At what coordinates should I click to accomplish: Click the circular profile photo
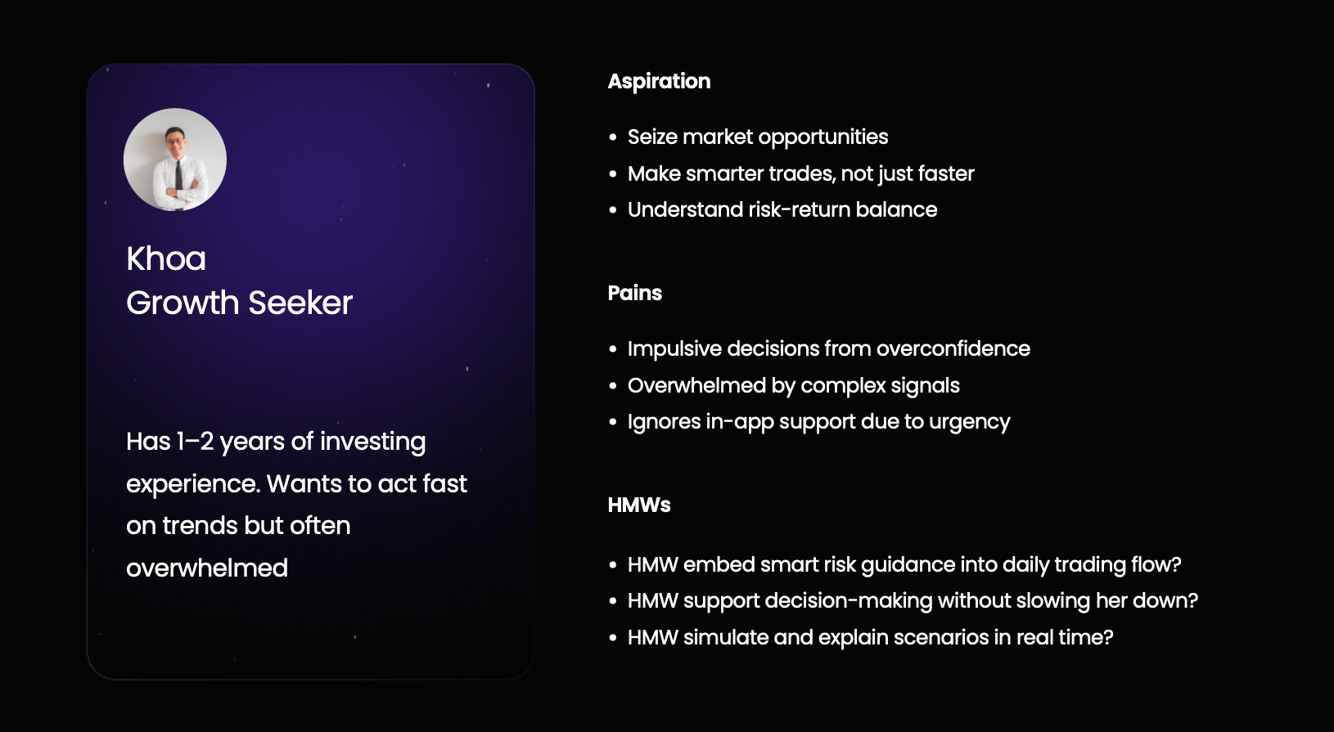tap(174, 159)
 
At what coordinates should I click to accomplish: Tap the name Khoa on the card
tap(166, 259)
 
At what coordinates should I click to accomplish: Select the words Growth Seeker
tap(240, 303)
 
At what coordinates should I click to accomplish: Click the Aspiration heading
tap(660, 82)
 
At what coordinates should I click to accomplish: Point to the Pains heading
tap(635, 293)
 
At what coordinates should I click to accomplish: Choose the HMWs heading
tap(639, 505)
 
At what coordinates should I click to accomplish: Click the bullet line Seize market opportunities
tap(758, 137)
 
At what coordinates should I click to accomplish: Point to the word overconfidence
tap(953, 348)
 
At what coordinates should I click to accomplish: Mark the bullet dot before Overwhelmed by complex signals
tap(613, 386)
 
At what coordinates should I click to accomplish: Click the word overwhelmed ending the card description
tap(207, 568)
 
